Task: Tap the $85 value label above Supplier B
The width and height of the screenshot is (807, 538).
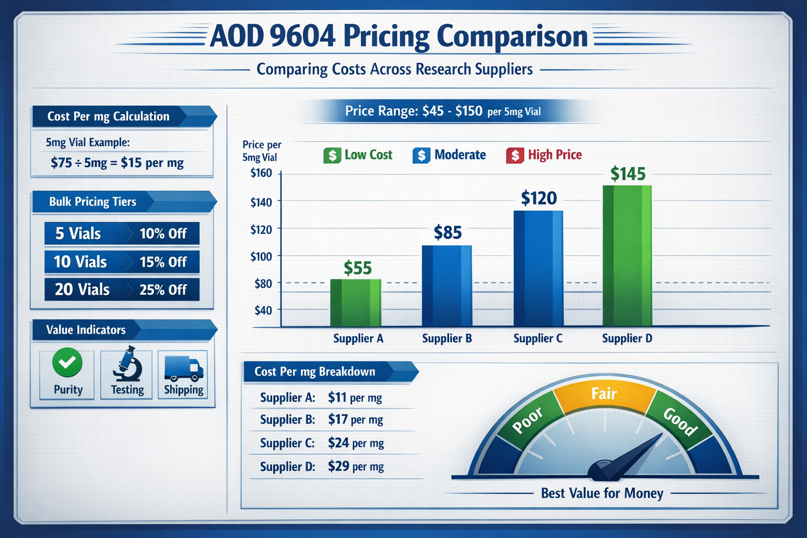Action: point(448,232)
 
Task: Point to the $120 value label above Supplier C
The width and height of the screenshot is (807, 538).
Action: point(539,198)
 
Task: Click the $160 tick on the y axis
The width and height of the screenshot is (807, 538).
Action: point(261,173)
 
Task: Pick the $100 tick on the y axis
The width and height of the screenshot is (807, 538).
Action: point(261,256)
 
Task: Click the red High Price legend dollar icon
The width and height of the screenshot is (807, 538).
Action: point(515,156)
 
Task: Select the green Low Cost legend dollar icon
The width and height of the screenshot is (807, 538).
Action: point(332,156)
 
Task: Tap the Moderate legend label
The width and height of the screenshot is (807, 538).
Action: point(460,155)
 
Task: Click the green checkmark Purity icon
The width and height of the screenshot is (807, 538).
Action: point(67,363)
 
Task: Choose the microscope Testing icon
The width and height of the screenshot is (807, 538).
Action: point(127,364)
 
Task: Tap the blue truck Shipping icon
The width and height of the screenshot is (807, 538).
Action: point(183,368)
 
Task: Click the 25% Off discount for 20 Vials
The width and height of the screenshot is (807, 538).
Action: point(163,290)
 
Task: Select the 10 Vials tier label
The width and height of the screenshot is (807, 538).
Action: point(80,262)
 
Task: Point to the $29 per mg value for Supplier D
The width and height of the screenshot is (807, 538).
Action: point(356,467)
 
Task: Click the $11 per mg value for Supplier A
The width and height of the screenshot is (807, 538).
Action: point(355,398)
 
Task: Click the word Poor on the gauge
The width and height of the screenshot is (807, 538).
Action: point(527,421)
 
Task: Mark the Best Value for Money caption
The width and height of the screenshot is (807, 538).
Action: point(602,493)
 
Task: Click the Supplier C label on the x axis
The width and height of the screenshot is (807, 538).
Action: point(538,339)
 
